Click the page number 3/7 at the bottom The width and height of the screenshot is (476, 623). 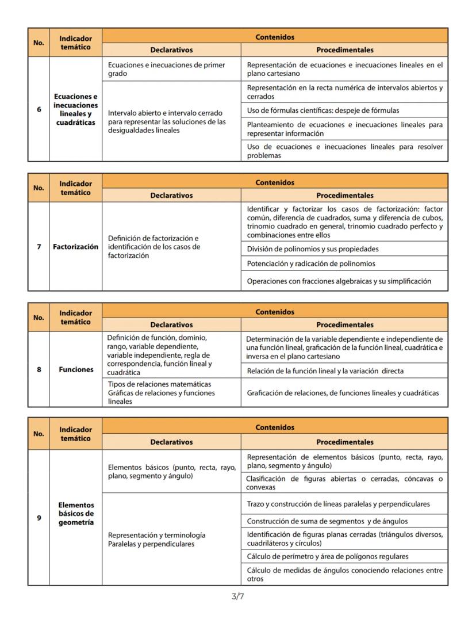tap(237, 597)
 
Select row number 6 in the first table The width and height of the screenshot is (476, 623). tap(39, 109)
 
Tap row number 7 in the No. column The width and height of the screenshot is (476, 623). tap(39, 247)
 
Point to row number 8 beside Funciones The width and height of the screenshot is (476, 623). tap(39, 369)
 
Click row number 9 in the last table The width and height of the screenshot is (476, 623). tap(39, 518)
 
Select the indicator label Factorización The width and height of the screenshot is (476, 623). tap(75, 247)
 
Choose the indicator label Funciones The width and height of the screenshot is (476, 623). tap(75, 369)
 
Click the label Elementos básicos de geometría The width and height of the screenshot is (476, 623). tap(75, 514)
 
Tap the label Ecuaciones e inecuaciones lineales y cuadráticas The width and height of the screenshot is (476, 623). tap(75, 109)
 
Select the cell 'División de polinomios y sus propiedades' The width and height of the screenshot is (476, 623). tap(313, 249)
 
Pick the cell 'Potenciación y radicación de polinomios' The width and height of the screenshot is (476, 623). tap(311, 263)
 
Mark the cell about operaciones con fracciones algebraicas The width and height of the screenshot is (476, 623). tap(339, 281)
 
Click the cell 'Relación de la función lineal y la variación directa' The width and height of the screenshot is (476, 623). tap(325, 371)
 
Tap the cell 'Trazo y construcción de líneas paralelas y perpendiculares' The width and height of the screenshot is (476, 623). tap(338, 504)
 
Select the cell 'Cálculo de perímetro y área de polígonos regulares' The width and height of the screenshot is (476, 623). tap(328, 556)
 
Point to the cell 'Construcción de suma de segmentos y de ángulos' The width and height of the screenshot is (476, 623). tap(327, 521)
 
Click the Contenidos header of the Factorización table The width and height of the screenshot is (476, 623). tap(275, 182)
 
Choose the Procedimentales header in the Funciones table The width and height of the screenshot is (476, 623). tap(344, 325)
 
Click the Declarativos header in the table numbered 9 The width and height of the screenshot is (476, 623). tap(171, 442)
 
